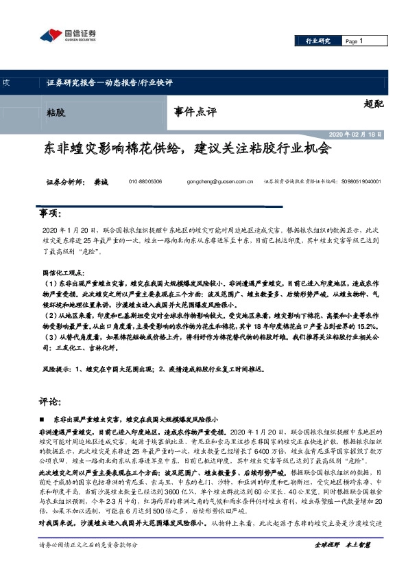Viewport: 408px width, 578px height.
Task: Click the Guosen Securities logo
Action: point(68,35)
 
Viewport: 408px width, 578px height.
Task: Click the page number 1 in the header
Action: point(361,42)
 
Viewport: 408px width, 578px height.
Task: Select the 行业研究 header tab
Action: point(317,42)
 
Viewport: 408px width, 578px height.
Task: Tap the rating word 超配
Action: point(374,104)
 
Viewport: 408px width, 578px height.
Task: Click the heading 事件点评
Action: point(195,110)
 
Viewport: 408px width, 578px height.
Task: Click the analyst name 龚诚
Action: point(102,182)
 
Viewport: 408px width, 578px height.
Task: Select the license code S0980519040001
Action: point(361,182)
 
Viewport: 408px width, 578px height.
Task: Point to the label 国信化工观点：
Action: point(65,273)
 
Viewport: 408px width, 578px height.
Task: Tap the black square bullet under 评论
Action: point(43,418)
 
